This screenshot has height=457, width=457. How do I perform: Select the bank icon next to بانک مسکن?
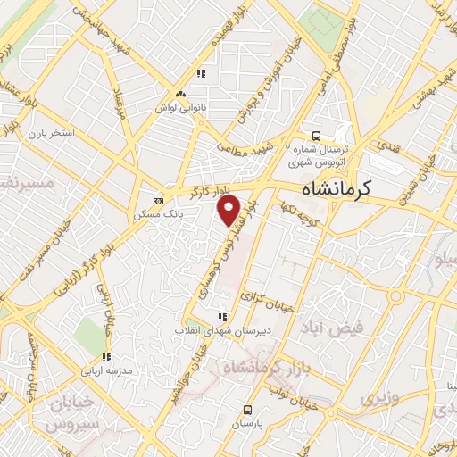[158, 201]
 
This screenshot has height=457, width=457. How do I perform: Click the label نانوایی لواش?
[181, 107]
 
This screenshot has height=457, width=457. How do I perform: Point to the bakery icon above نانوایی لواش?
[181, 94]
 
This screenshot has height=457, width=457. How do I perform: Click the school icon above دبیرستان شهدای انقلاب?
[220, 316]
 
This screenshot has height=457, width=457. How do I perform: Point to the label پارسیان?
[249, 425]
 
